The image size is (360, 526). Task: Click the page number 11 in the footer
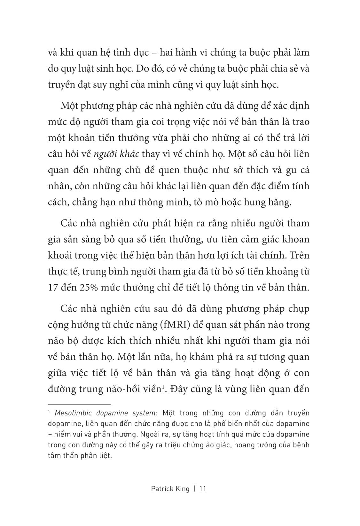tap(202, 489)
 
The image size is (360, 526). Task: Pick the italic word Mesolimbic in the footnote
tap(69, 413)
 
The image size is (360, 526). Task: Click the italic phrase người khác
tap(116, 154)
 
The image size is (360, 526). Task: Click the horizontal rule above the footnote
tap(79, 405)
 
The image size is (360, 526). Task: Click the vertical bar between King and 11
tap(194, 489)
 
